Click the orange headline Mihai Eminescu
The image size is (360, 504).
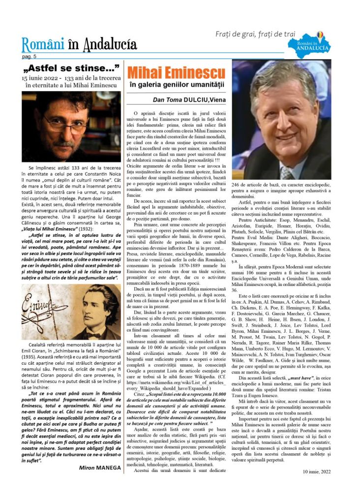click(177, 73)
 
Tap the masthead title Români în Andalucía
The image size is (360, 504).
click(79, 45)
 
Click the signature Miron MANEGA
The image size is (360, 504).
click(99, 468)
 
